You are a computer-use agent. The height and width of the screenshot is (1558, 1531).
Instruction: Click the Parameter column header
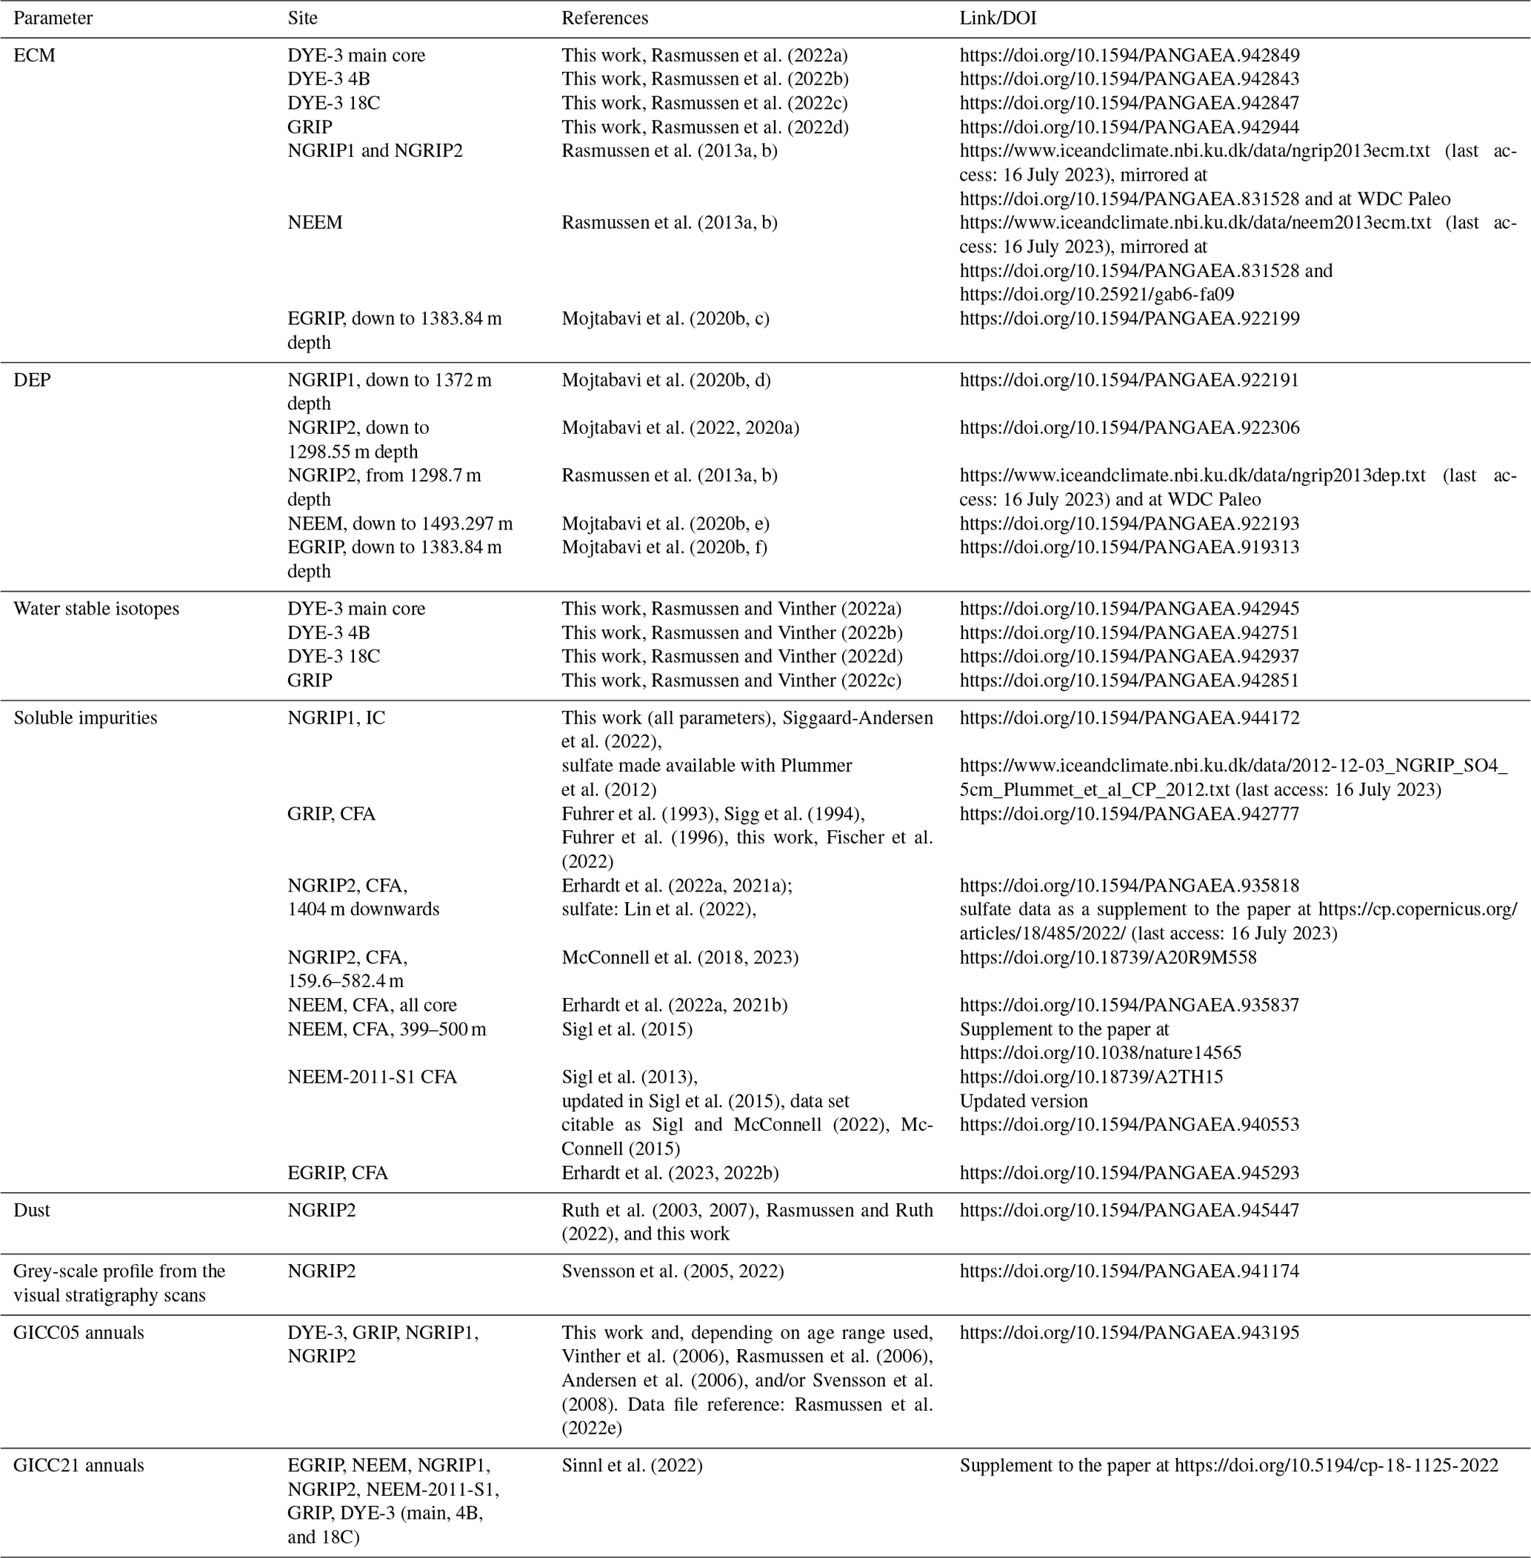coord(53,18)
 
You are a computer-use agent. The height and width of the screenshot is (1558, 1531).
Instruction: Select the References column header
coord(604,18)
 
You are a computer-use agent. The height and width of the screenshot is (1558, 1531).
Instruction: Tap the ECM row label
coord(35,56)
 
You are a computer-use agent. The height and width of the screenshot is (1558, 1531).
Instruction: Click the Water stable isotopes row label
coord(96,609)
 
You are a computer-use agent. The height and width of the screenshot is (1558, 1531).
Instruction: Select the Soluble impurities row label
coord(85,718)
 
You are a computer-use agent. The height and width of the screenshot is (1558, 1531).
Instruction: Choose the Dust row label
coord(31,1210)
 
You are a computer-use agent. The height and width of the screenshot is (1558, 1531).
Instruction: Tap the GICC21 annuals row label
coord(79,1465)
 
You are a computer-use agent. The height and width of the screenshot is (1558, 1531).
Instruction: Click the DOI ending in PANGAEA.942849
coord(1129,56)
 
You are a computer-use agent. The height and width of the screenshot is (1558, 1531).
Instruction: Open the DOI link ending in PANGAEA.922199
coord(1129,318)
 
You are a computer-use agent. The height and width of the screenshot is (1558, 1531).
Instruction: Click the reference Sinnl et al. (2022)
coord(631,1465)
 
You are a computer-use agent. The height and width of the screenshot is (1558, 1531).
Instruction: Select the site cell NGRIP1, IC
coord(336,718)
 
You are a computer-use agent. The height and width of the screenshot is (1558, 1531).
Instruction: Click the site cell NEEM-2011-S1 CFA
coord(373,1077)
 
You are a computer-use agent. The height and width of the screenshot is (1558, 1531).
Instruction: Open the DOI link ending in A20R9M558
coord(1107,957)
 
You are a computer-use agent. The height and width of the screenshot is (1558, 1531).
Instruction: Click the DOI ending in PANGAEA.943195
coord(1129,1332)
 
